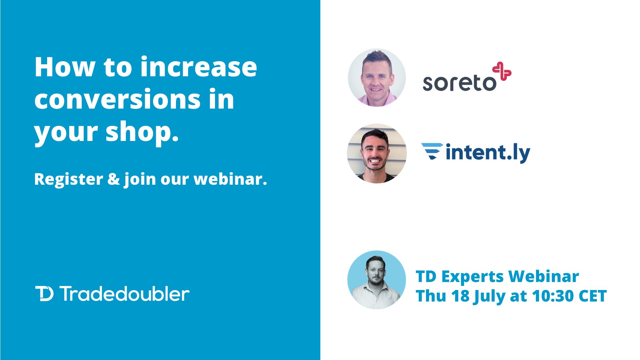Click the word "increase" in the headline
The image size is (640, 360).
199,67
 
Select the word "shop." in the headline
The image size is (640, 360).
142,132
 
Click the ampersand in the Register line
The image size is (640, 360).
113,179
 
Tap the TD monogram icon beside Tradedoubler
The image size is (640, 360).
44,294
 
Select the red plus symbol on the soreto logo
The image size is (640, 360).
502,71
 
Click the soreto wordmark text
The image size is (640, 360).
459,83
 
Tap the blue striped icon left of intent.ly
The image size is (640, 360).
432,151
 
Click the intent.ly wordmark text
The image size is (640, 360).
488,153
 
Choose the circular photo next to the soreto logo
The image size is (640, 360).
377,78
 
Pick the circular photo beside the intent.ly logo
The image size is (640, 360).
377,153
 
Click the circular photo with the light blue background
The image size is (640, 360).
377,280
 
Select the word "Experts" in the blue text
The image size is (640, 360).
472,277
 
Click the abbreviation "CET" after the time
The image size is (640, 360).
593,296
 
